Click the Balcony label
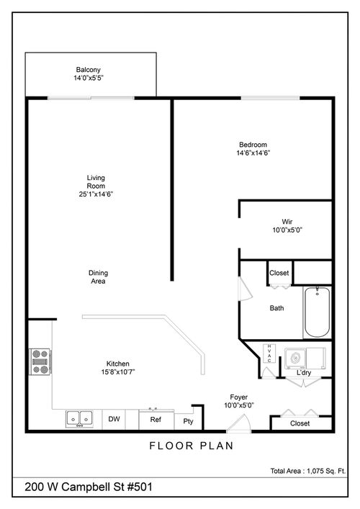coord(89,69)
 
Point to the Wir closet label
coord(287,222)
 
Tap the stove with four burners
coord(39,361)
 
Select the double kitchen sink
coord(79,418)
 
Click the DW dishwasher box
coord(114,419)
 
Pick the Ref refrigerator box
coord(155,419)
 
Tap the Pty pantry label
coord(188,421)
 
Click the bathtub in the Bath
coord(317,312)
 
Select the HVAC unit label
coord(269,353)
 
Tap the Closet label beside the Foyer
coord(300,423)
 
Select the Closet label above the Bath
coord(279,273)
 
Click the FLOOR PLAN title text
coord(191,446)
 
